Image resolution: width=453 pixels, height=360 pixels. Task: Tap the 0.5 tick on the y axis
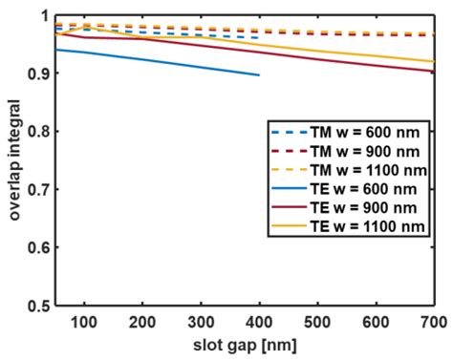point(37,306)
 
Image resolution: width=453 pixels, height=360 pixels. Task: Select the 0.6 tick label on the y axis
point(37,247)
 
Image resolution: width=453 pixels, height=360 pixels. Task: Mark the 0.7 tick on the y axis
point(37,189)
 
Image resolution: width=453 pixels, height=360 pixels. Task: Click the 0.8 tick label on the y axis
point(37,131)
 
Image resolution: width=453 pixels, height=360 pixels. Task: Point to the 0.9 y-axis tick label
point(37,74)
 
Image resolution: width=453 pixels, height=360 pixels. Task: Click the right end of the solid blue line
point(259,74)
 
